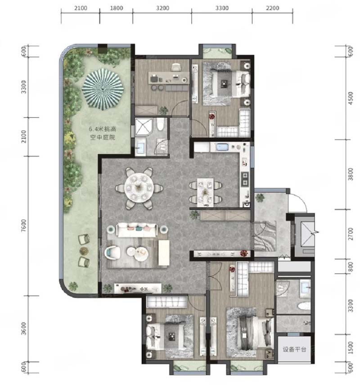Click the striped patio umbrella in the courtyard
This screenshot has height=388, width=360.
pos(103,89)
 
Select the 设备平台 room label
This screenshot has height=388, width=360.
pos(294,349)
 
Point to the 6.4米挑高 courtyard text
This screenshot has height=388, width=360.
pos(103,129)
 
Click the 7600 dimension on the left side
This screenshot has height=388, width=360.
pos(23,226)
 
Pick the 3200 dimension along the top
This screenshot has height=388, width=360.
pos(162,8)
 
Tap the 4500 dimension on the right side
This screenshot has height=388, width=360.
pos(351,98)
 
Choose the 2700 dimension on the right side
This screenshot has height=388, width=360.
pos(351,234)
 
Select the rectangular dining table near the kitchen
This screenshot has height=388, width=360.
pos(205,192)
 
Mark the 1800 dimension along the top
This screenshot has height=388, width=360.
pos(116,8)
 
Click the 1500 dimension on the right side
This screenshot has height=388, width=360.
pos(351,347)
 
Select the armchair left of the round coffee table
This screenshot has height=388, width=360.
pos(112,253)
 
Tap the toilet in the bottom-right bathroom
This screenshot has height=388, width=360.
pos(304,307)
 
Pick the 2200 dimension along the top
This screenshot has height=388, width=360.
pos(272,8)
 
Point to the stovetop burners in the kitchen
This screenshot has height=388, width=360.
pos(245,179)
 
